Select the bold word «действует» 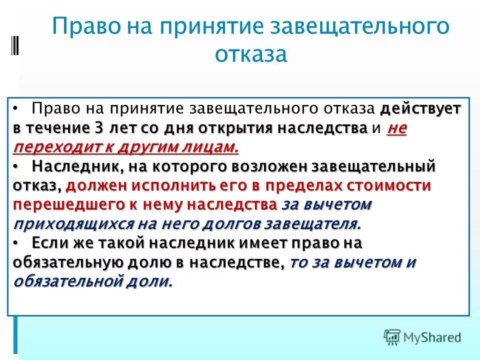421,109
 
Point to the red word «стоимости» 382,185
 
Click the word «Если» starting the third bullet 50,243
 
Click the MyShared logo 422,337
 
